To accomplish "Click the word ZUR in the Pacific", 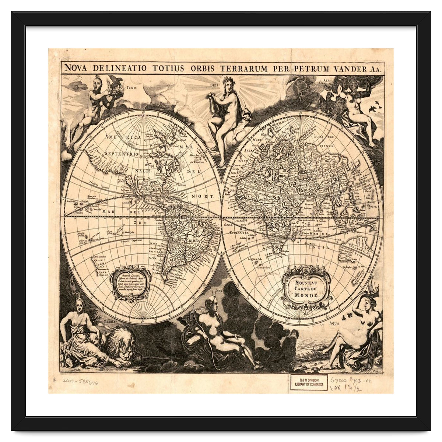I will pos(140,223).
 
